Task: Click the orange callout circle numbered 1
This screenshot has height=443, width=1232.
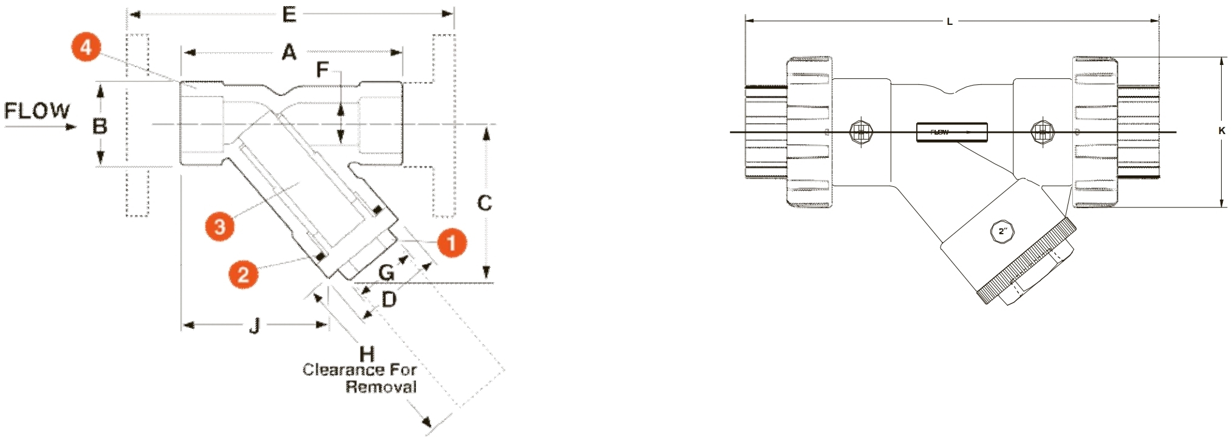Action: pos(451,243)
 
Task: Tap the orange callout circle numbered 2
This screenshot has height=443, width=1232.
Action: pos(243,274)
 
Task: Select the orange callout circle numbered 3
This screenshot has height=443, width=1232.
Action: pos(219,226)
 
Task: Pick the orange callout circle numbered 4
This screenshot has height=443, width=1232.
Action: pos(86,47)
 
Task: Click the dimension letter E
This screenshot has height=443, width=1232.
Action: pos(289,14)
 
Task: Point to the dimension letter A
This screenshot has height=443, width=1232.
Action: pos(289,53)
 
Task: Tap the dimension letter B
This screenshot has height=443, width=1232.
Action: pos(100,126)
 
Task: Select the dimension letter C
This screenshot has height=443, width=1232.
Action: pos(484,203)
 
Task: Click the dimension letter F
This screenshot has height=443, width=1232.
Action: pos(322,70)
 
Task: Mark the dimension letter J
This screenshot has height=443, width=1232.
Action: pos(254,326)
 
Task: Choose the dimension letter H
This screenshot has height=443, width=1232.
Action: pos(366,354)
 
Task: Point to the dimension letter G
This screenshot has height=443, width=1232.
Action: pos(386,272)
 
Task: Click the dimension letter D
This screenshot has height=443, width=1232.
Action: pos(389,299)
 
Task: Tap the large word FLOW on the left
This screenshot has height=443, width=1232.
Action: pos(37,111)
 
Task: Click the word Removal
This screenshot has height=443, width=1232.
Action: pos(381,387)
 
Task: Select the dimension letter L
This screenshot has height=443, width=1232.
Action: pos(950,22)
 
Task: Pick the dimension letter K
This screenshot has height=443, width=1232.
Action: pos(1222,130)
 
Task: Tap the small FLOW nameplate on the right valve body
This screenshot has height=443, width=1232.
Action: pos(951,132)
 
